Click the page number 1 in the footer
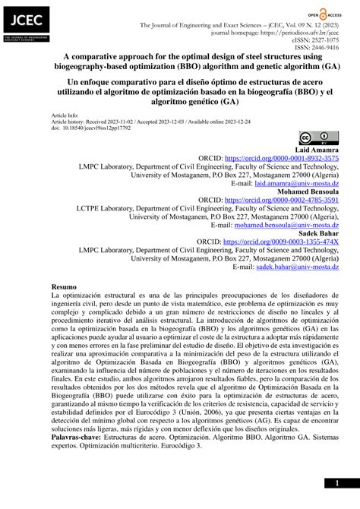point(336,483)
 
